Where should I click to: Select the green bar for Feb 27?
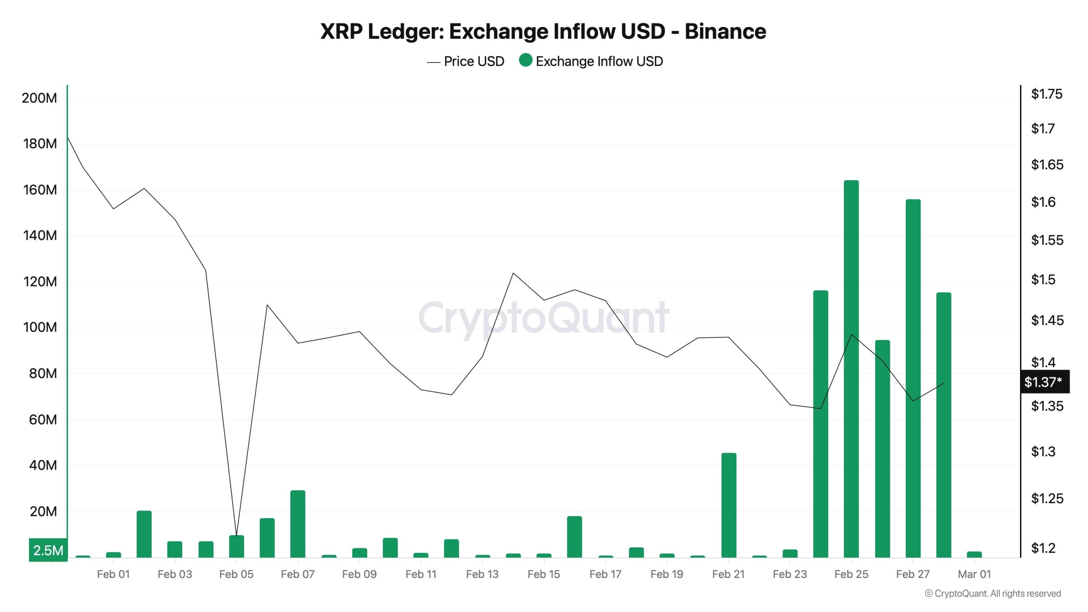(913, 378)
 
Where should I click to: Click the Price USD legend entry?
(466, 62)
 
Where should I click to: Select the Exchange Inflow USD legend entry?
(592, 62)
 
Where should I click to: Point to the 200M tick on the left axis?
(39, 98)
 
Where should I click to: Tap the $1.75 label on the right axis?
(1046, 94)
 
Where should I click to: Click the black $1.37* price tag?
(1045, 382)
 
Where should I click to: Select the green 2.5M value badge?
(48, 550)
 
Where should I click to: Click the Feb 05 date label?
(236, 574)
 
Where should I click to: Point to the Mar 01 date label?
(974, 574)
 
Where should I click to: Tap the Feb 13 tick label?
(482, 574)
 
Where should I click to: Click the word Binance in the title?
(725, 31)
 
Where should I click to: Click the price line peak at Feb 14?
(513, 273)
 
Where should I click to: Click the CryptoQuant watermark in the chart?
(544, 318)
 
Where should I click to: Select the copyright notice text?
(993, 594)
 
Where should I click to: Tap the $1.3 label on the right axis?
(1043, 451)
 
